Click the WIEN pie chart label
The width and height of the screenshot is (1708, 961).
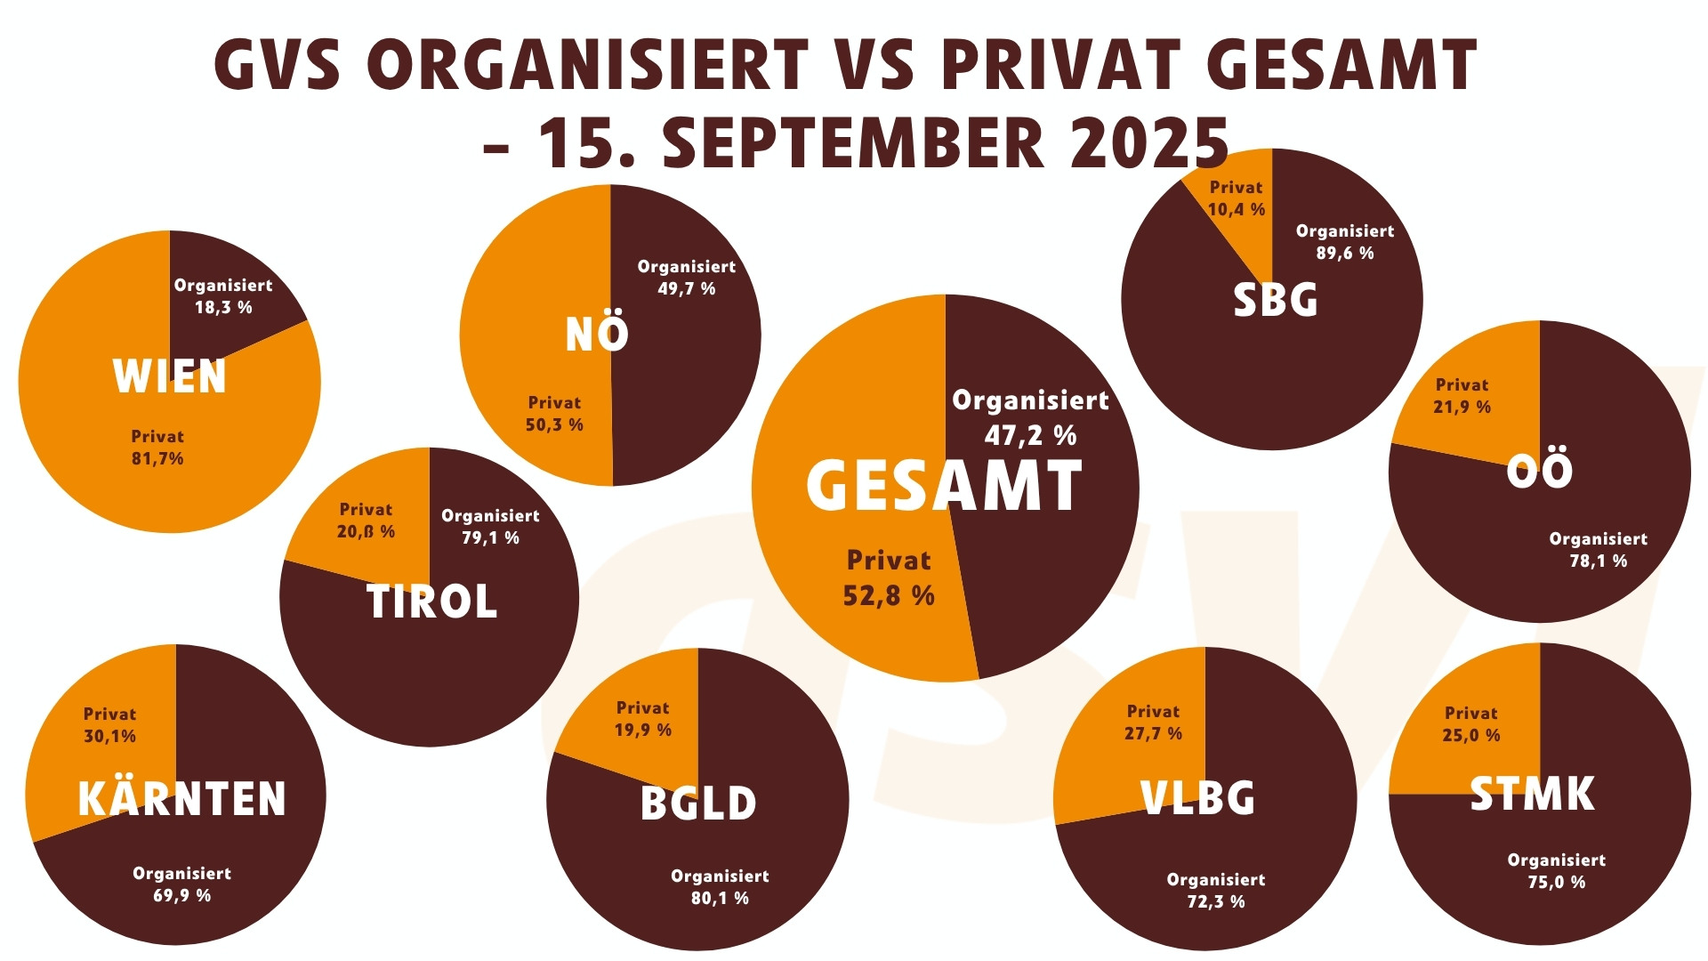click(169, 376)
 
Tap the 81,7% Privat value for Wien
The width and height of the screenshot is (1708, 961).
click(157, 459)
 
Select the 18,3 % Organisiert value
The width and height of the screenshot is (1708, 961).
click(223, 308)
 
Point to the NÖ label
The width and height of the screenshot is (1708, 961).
click(597, 334)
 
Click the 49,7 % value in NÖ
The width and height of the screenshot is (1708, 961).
click(686, 289)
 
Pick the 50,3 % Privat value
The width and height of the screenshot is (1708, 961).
click(554, 425)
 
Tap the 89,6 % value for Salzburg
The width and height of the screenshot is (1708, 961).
click(1344, 254)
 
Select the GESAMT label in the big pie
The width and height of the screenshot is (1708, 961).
click(944, 487)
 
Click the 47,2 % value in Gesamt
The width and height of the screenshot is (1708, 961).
click(1030, 436)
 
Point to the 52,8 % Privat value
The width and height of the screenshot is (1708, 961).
click(889, 596)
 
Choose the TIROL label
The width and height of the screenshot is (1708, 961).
click(431, 602)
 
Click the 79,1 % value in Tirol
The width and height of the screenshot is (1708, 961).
click(490, 538)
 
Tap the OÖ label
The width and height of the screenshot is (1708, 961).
click(1539, 470)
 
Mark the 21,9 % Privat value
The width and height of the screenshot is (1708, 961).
click(1462, 408)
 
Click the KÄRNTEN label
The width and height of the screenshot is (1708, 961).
click(182, 798)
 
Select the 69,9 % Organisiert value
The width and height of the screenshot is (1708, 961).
click(181, 896)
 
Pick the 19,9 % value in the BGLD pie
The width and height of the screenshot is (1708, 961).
click(642, 731)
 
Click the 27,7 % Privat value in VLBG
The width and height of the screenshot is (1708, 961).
click(1153, 734)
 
